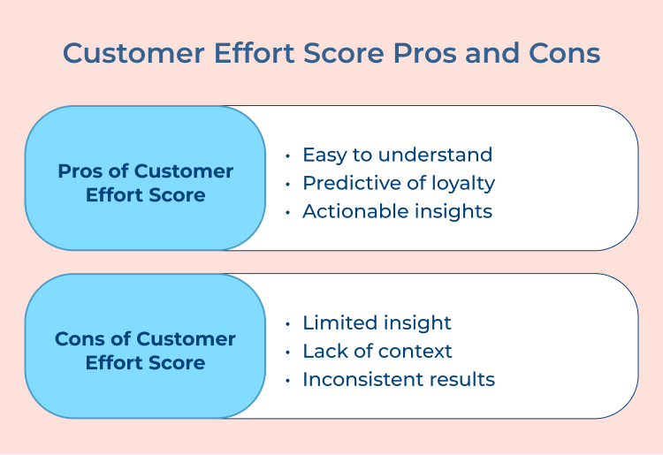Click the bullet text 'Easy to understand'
[397, 155]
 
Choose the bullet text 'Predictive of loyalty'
[398, 183]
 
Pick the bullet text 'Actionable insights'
[397, 211]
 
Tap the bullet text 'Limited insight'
[377, 322]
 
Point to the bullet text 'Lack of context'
[377, 351]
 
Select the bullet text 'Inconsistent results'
[398, 379]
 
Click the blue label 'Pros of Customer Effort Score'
[145, 183]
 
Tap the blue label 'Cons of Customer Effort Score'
[145, 351]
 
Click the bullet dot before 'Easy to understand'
[288, 155]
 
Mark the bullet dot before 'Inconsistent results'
[288, 380]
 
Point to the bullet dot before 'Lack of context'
[288, 352]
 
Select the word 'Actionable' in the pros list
[347, 211]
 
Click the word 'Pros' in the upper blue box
[77, 171]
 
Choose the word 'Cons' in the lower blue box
[76, 339]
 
